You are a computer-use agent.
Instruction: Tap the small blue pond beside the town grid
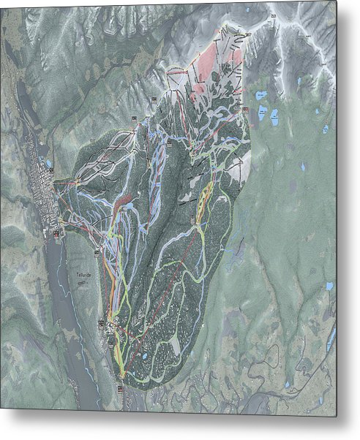tap(49, 165)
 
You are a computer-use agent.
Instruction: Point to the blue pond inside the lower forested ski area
tap(144, 356)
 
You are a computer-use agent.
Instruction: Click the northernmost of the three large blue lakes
tap(260, 95)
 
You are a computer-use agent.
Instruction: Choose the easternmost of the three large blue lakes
tap(276, 117)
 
